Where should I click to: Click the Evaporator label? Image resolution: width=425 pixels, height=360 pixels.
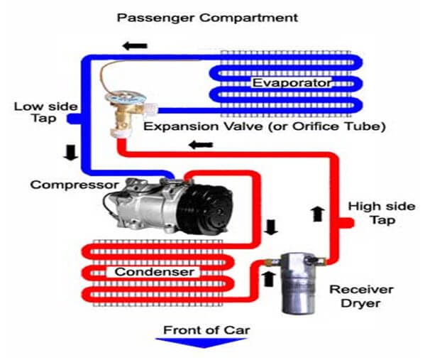tap(292, 83)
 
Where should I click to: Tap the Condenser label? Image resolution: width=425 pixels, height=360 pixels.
tap(155, 271)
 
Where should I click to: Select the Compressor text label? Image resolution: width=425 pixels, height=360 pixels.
tap(74, 185)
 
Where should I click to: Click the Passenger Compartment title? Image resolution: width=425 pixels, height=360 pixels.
tap(207, 18)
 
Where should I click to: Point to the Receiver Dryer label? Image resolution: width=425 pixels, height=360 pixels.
tap(361, 296)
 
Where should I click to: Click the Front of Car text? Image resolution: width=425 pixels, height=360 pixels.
tap(206, 330)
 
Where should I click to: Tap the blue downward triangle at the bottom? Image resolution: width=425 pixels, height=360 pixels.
tap(201, 343)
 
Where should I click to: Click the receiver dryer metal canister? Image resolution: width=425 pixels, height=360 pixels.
tap(299, 283)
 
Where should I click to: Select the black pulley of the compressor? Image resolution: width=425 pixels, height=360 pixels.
tap(205, 209)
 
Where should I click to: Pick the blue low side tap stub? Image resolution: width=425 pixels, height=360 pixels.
tap(74, 119)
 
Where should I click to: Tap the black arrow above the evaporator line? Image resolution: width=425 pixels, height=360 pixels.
tap(135, 46)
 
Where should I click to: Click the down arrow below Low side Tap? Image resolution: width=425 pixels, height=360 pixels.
tap(71, 153)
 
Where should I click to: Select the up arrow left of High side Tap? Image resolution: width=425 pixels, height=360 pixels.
tap(317, 214)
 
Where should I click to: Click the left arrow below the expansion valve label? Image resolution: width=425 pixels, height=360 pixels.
tap(201, 145)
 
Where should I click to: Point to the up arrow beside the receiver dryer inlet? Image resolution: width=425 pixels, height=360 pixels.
tap(269, 279)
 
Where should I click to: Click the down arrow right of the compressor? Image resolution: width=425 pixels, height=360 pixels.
tap(271, 227)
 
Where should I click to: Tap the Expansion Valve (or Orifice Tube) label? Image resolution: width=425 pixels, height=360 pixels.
tap(265, 126)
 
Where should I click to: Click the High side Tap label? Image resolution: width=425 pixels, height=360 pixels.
tap(382, 213)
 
